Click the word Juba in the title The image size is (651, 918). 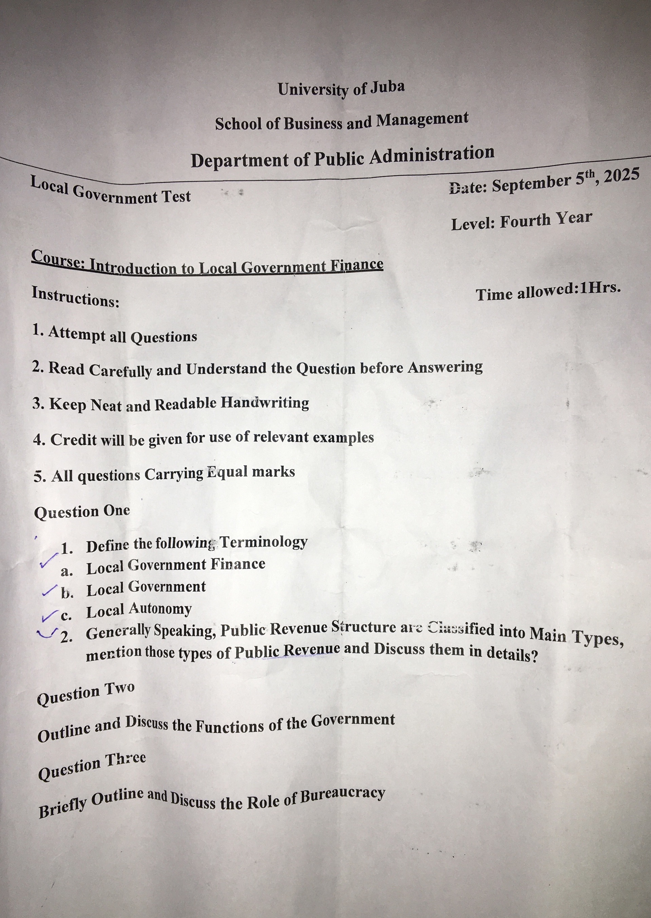tap(387, 87)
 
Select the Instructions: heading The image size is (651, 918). tap(75, 296)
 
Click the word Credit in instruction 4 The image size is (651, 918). tap(74, 440)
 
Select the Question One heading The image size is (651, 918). tap(82, 512)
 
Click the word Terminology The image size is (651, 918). tap(263, 542)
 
